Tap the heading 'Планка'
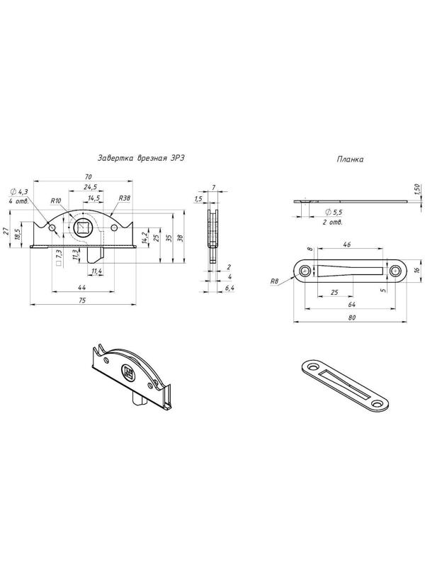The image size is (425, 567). pos(350,159)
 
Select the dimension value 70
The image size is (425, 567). pos(88,176)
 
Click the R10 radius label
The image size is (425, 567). pos(56,201)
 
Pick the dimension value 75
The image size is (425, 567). pos(82,301)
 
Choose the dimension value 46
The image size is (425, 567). pos(346,245)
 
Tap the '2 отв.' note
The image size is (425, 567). pos(332,222)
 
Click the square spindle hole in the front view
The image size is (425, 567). pos(83,227)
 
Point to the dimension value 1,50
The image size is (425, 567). pos(416,189)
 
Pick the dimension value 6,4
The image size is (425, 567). pos(229,288)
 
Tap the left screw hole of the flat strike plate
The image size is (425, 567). pos(305,271)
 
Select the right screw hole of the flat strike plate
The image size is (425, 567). pos(395,271)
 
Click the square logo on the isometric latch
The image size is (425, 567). pos(127,371)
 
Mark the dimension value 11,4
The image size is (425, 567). pos(96,271)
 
